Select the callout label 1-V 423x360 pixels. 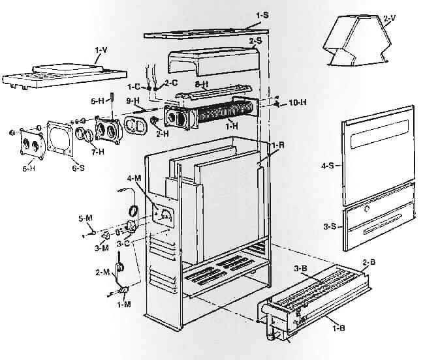pos(101,49)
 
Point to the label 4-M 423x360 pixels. pos(134,177)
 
